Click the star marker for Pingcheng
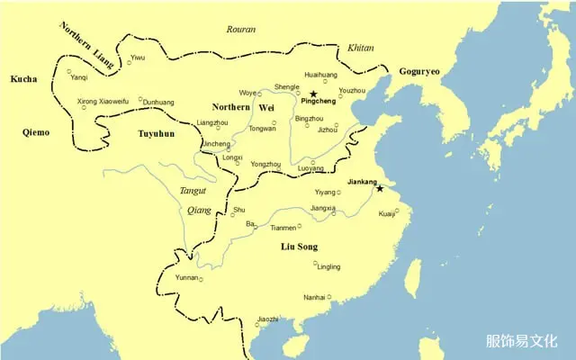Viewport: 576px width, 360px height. click(x=313, y=94)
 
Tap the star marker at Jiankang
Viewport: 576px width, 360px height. click(x=379, y=188)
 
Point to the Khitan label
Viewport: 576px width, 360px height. click(x=361, y=47)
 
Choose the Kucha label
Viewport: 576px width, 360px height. click(x=23, y=79)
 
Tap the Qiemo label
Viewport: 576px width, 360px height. click(x=36, y=132)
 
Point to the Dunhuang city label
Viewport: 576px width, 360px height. click(x=159, y=103)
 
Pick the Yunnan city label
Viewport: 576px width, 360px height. click(x=185, y=278)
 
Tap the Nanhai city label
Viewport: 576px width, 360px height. click(x=314, y=296)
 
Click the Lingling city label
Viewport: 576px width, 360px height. click(x=328, y=266)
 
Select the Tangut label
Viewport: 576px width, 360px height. click(x=192, y=191)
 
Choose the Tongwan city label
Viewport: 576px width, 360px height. click(x=262, y=128)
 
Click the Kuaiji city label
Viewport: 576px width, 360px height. click(x=388, y=214)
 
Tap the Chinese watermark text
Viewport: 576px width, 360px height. click(x=521, y=341)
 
